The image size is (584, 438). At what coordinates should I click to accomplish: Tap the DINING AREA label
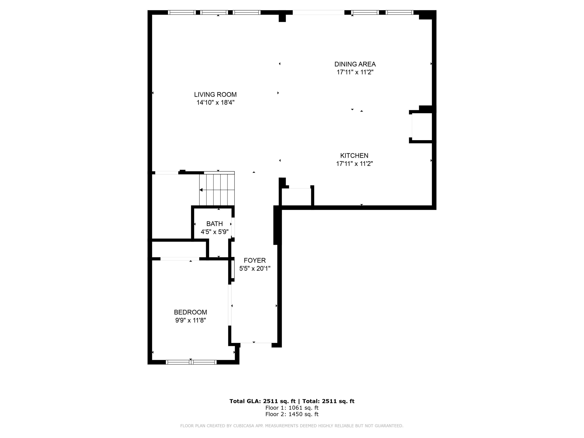355,64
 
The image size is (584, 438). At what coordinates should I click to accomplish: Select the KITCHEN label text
354,156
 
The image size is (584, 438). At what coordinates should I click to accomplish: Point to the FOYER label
254,261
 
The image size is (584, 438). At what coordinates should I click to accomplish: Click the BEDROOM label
190,312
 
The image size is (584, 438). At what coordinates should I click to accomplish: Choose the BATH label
214,224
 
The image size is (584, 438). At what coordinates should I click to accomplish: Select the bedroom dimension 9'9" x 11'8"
190,320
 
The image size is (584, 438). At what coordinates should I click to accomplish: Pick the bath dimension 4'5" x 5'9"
214,232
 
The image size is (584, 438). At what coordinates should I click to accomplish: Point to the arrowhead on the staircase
201,190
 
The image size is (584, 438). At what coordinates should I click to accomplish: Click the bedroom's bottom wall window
191,362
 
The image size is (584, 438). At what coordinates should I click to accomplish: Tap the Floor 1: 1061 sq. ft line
292,408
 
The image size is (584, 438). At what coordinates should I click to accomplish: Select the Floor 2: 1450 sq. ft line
292,414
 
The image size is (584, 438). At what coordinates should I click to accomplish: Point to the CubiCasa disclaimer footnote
292,426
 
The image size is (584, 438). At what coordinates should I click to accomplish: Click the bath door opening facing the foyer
233,227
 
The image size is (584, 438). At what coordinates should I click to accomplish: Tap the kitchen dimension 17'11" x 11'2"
354,164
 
